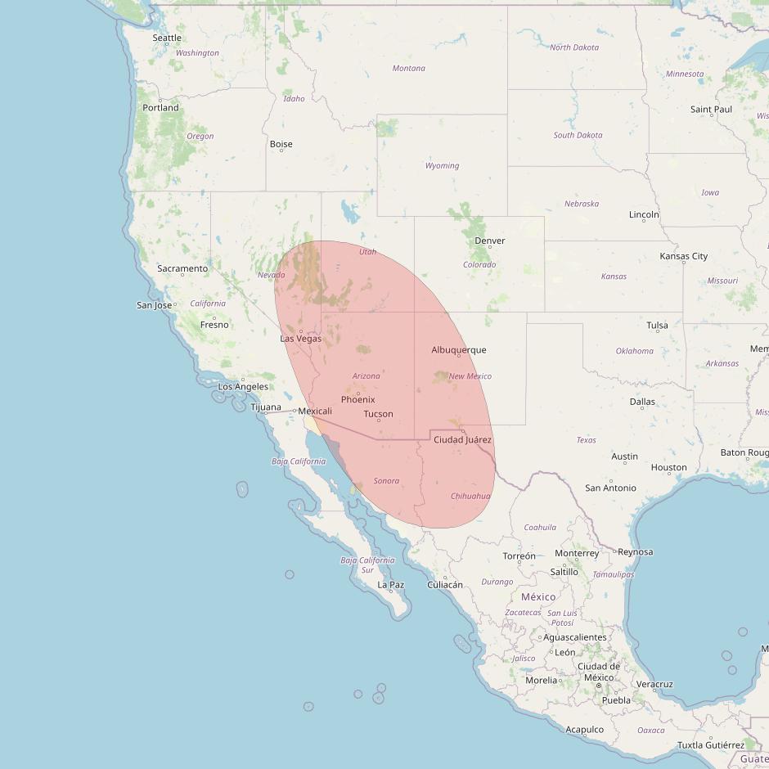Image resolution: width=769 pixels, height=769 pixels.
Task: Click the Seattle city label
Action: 167,38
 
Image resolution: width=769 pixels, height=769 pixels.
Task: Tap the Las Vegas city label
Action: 301,339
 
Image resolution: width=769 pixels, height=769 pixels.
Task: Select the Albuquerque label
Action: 459,350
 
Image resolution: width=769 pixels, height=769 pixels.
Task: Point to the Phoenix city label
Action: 358,399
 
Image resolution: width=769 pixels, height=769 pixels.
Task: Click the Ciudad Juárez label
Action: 462,440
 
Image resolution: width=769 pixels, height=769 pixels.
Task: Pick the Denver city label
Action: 490,241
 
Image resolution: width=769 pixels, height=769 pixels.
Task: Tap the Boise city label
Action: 281,144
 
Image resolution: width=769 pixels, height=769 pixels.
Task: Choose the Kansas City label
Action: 684,256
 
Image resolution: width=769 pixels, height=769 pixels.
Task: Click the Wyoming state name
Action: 442,166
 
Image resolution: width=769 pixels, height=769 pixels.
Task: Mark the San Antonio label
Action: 610,488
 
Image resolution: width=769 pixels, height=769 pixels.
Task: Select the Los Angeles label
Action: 243,387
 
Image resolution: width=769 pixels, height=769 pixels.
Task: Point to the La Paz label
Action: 391,585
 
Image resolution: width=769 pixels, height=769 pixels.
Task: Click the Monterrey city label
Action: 577,553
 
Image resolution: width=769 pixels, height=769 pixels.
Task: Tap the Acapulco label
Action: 585,730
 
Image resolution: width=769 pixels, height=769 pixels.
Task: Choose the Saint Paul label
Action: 712,109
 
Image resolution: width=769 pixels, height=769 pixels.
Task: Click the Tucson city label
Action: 378,414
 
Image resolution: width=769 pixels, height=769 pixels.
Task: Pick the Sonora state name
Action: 386,481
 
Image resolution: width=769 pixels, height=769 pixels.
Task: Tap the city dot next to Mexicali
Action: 295,411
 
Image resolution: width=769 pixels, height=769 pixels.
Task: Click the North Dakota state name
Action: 574,47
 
